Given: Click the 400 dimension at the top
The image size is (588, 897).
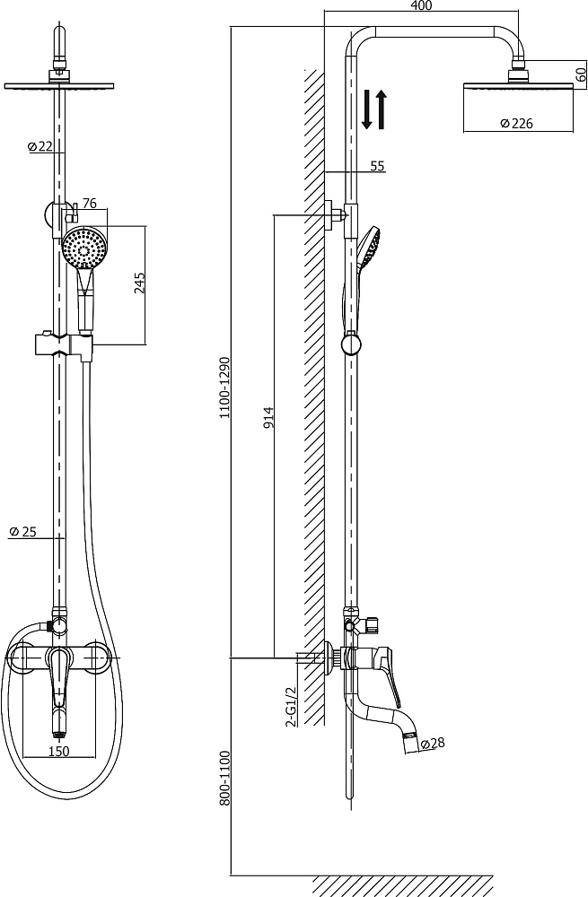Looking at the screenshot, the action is coord(421,5).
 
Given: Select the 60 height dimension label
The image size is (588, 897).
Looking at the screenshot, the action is coord(581,75).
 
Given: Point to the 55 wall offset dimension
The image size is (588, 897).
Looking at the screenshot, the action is coord(377,166).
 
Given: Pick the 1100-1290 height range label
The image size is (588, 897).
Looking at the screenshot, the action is coord(225,388).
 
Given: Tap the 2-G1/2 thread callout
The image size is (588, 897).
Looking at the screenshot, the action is coord(290,706).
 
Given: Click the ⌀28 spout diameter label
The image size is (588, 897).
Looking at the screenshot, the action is coord(433,743).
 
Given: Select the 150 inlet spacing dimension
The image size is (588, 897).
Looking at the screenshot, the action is coord(58,751).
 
